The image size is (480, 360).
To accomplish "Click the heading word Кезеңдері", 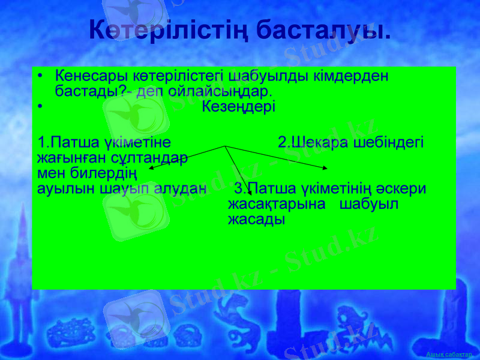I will pos(239,107).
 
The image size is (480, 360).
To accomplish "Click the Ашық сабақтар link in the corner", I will pos(449,355).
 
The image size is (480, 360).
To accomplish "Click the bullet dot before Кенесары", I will pos(40,77).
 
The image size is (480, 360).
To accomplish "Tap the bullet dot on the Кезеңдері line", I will pos(40,108).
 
